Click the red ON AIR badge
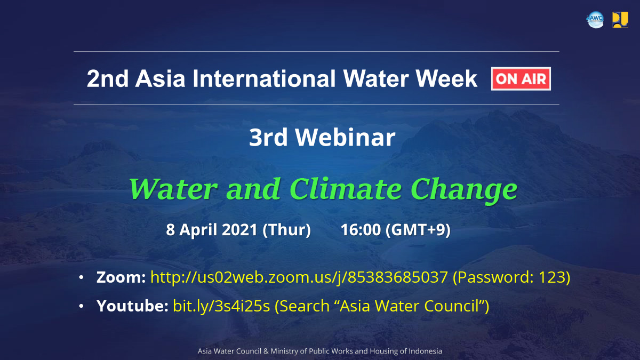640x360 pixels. tap(521, 78)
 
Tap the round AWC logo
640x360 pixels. tap(595, 20)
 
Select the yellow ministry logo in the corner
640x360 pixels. tap(620, 20)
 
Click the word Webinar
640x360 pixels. tap(345, 138)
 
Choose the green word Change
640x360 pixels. tap(463, 190)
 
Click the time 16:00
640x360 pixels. tap(361, 229)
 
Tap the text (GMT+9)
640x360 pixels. tap(418, 230)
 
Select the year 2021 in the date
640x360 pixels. tap(239, 229)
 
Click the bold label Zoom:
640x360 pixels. tap(121, 277)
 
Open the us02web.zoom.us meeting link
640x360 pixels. tap(299, 278)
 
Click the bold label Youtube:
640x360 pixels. tap(132, 306)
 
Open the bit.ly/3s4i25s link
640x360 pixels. tap(221, 306)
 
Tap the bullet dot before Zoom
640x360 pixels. tap(81, 277)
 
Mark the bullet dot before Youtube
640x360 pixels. tap(81, 306)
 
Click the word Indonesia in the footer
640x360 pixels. tap(425, 351)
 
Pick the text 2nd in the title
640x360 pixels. tap(108, 78)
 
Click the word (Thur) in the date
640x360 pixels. tap(286, 230)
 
